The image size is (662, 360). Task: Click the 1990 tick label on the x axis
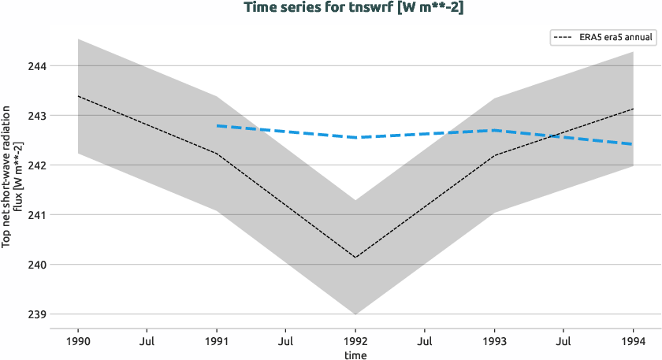click(78, 342)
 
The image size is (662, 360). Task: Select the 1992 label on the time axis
click(355, 342)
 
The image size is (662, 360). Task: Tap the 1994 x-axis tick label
click(633, 342)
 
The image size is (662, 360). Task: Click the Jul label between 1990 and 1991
click(147, 342)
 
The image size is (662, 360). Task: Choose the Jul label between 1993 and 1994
click(563, 342)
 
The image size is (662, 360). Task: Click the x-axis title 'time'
click(355, 355)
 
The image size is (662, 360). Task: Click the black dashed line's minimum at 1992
click(355, 258)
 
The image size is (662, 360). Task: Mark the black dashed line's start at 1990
click(78, 96)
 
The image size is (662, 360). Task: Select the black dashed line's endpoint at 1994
click(633, 109)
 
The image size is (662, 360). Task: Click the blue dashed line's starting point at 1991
click(217, 125)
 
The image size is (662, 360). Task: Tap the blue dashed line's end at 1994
click(633, 144)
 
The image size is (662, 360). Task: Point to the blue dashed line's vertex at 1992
click(355, 138)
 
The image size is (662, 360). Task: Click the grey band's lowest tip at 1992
click(355, 314)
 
